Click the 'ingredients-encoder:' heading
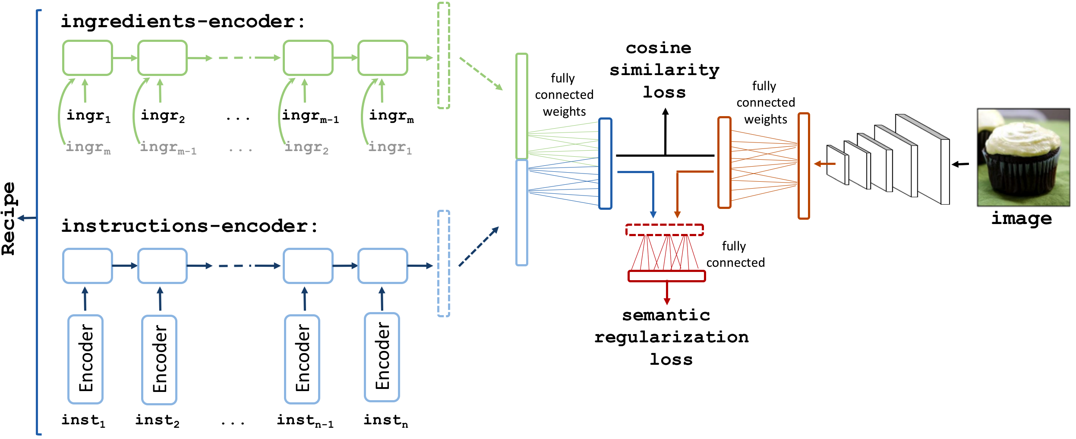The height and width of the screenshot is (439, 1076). coord(183,22)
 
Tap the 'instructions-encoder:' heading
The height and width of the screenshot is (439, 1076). coord(189,226)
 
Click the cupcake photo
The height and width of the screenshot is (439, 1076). coord(1023,158)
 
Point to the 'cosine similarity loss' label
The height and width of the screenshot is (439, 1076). coord(664,70)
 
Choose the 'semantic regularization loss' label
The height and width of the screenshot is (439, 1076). coord(671,337)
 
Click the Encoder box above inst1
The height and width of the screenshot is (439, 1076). coord(85,359)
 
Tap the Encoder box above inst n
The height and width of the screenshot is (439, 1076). coord(382,357)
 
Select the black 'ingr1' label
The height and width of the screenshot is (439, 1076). coord(88,116)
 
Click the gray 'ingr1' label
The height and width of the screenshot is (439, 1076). coord(390,148)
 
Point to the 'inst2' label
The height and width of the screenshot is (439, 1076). coord(157,420)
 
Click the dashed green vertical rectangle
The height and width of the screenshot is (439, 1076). coord(444,55)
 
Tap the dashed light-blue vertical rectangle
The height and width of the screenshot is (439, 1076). coord(444,264)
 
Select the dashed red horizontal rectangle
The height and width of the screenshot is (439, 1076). coord(665,230)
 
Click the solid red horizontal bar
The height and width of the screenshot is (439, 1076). coord(667,276)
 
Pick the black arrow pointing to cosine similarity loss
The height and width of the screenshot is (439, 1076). coord(666,132)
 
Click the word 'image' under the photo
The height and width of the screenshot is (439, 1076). coord(1022,219)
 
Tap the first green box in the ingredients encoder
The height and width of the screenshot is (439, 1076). coord(88,58)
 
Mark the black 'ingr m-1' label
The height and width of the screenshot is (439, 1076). coord(310,116)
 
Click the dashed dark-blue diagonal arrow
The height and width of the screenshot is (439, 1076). coord(479,246)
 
